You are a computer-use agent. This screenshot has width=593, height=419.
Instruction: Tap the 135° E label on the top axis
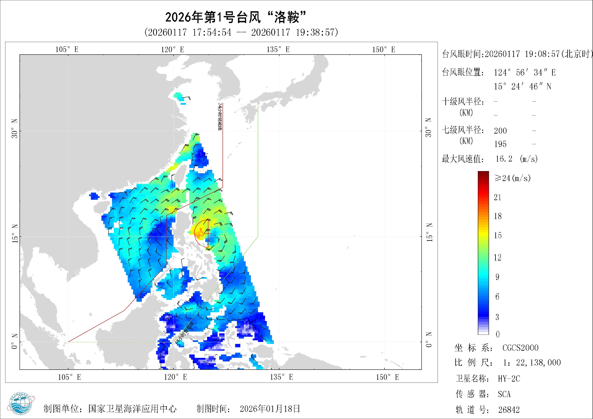278,49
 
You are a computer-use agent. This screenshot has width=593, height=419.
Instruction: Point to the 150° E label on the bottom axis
387,377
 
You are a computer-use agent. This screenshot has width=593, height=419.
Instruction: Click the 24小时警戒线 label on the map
220,116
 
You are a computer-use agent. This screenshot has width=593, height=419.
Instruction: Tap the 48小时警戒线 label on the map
184,333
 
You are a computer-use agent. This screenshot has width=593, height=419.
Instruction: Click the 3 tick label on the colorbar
497,317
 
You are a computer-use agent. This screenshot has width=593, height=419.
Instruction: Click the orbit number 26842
509,409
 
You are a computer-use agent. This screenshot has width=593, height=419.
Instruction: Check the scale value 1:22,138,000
532,363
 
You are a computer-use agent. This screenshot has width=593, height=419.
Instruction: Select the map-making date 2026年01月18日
270,409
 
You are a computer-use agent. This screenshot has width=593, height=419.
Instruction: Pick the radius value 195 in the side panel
500,144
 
